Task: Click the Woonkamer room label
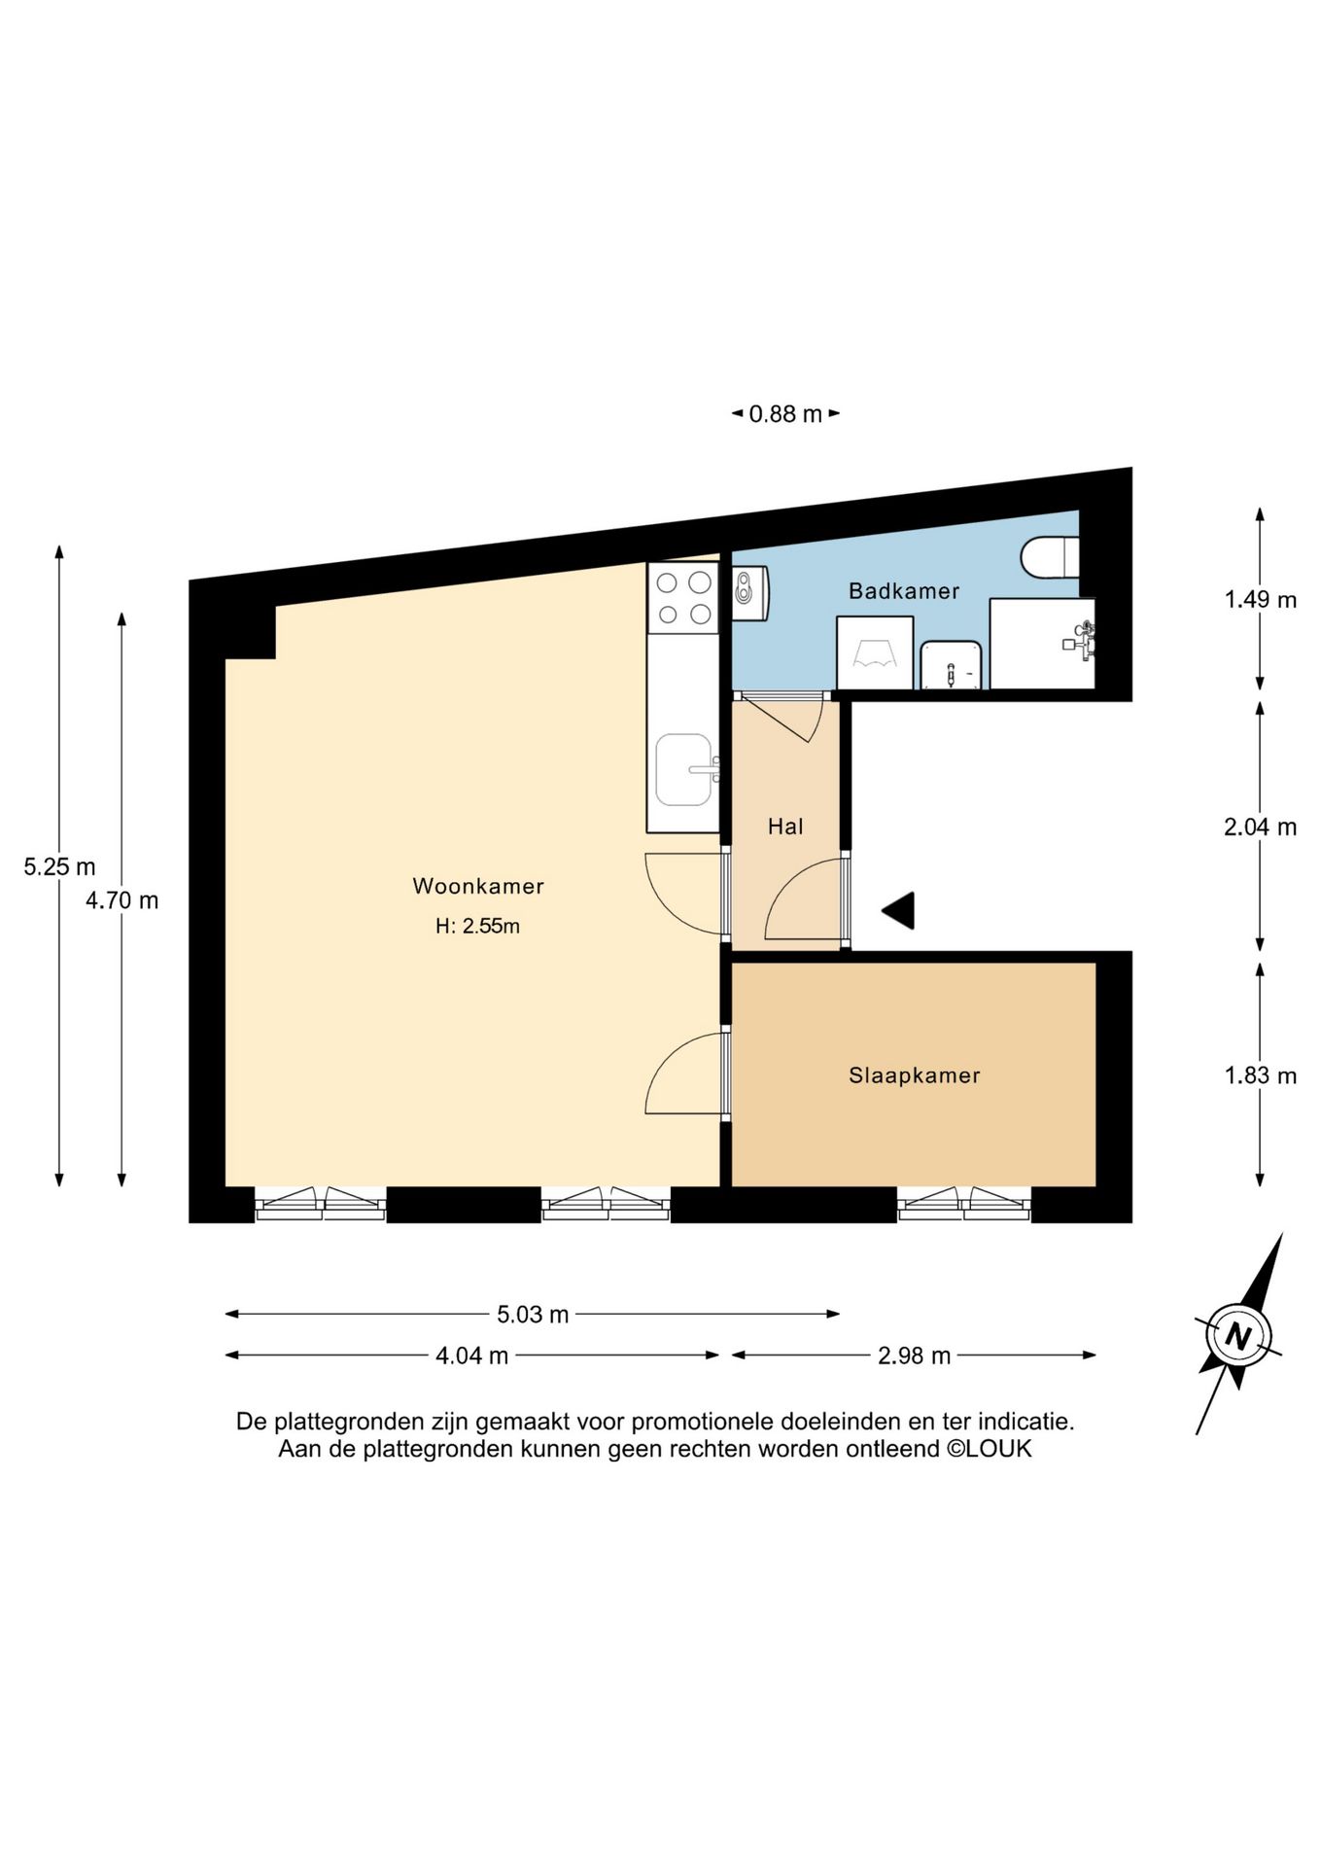tap(477, 886)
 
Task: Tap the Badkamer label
tap(903, 590)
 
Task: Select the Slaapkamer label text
tap(914, 1074)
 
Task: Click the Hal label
tap(785, 827)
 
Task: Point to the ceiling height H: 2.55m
tap(477, 926)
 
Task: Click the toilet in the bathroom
tap(1049, 557)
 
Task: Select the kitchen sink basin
tap(683, 770)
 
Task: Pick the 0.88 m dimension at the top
tap(785, 414)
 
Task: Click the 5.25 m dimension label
tap(59, 865)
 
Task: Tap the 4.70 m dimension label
tap(122, 899)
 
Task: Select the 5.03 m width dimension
tap(532, 1315)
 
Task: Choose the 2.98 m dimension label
tap(914, 1356)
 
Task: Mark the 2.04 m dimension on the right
tap(1260, 827)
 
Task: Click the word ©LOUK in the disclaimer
tap(990, 1449)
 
